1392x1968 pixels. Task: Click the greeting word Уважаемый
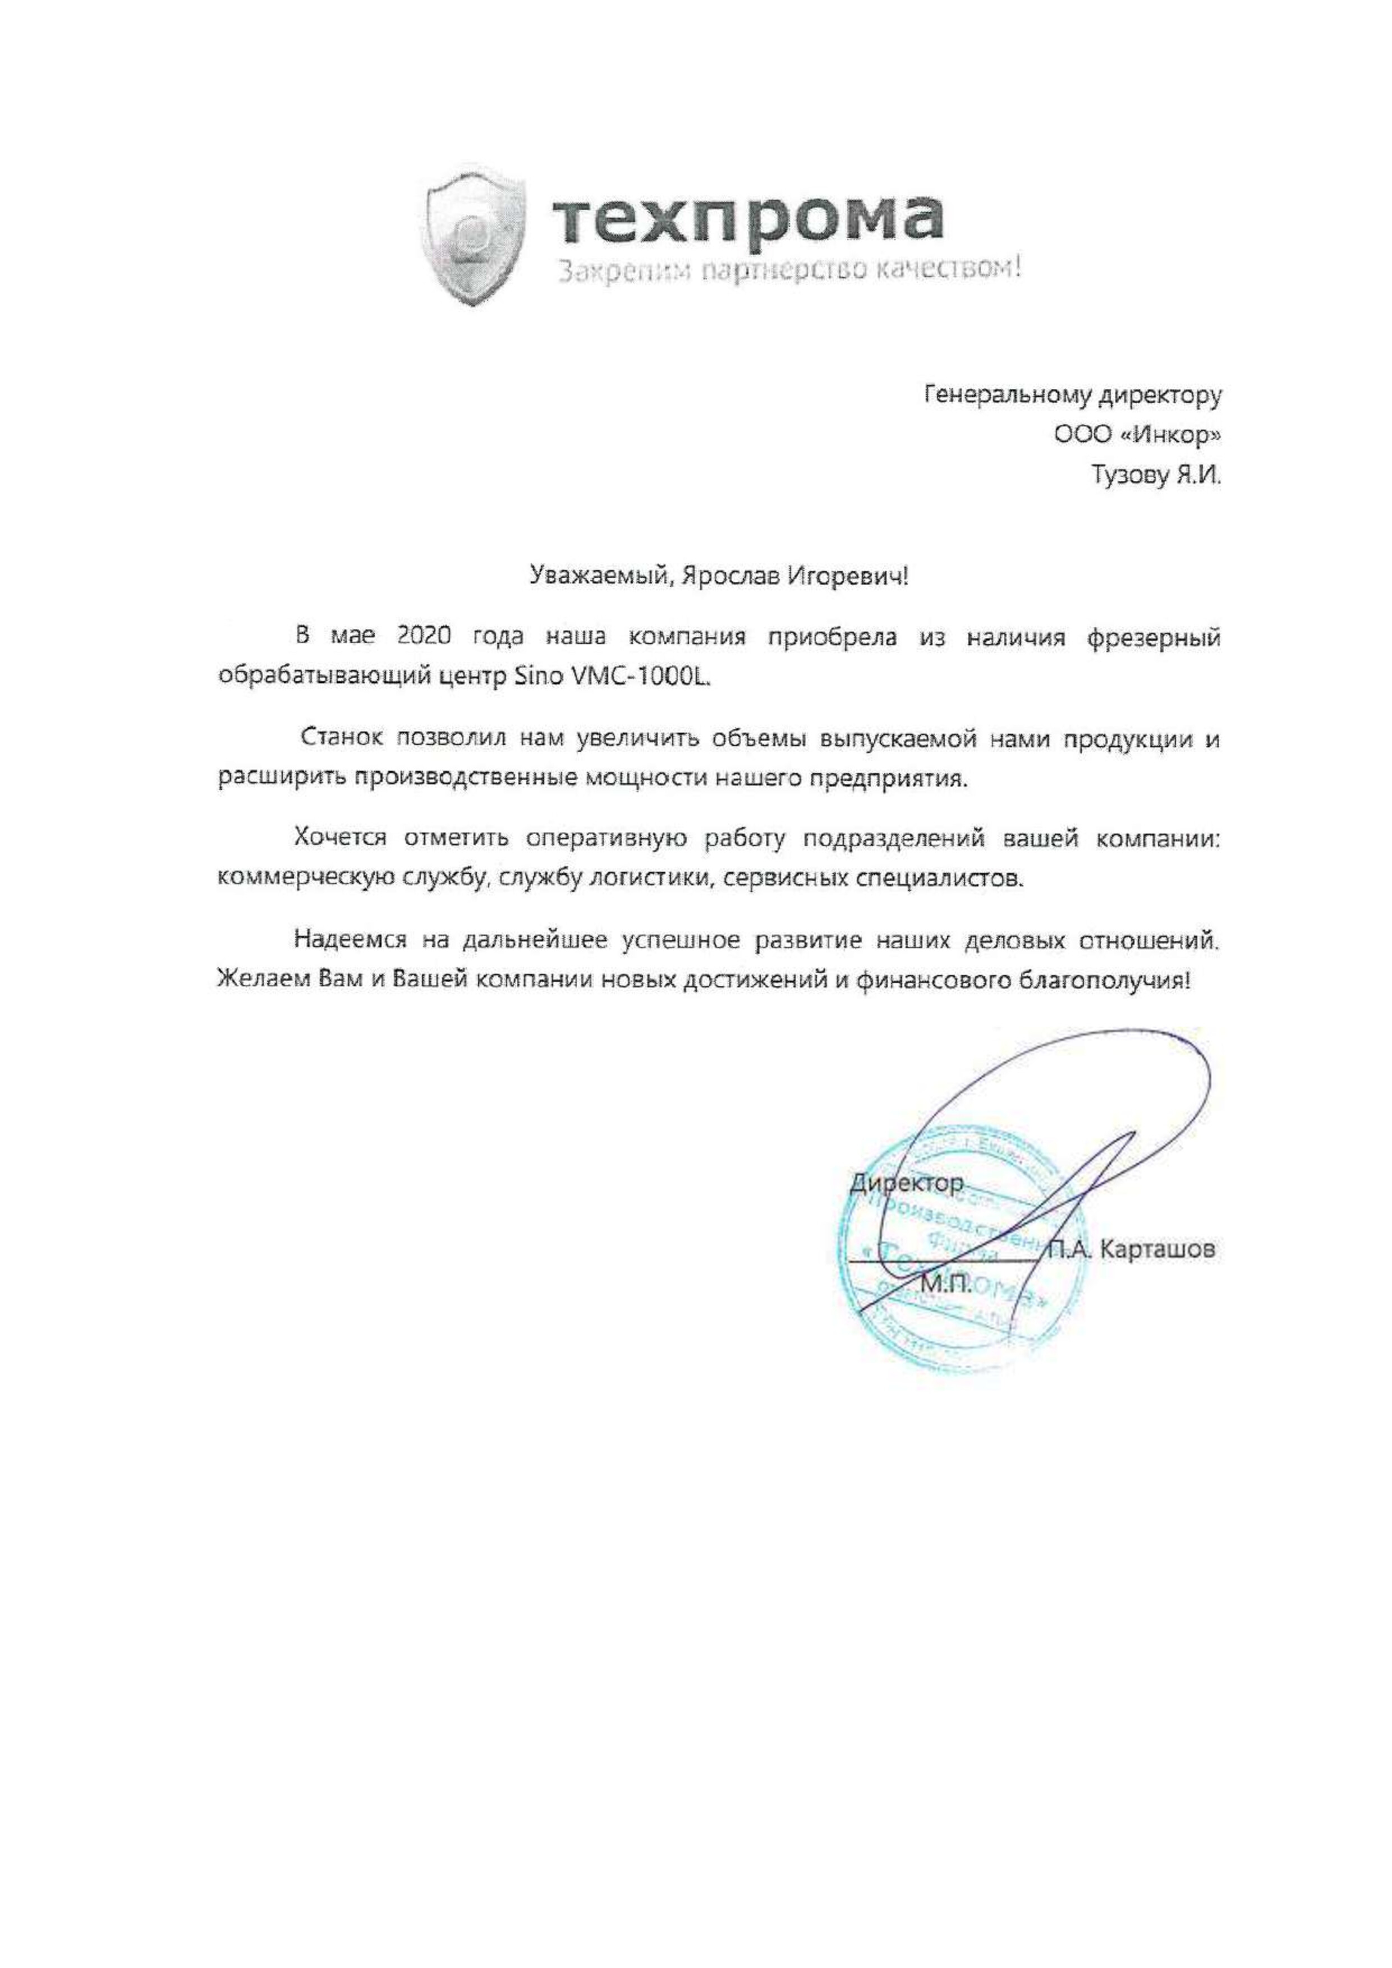tap(598, 576)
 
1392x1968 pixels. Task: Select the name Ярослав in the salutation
tap(727, 576)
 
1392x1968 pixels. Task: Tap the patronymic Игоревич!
tap(848, 576)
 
